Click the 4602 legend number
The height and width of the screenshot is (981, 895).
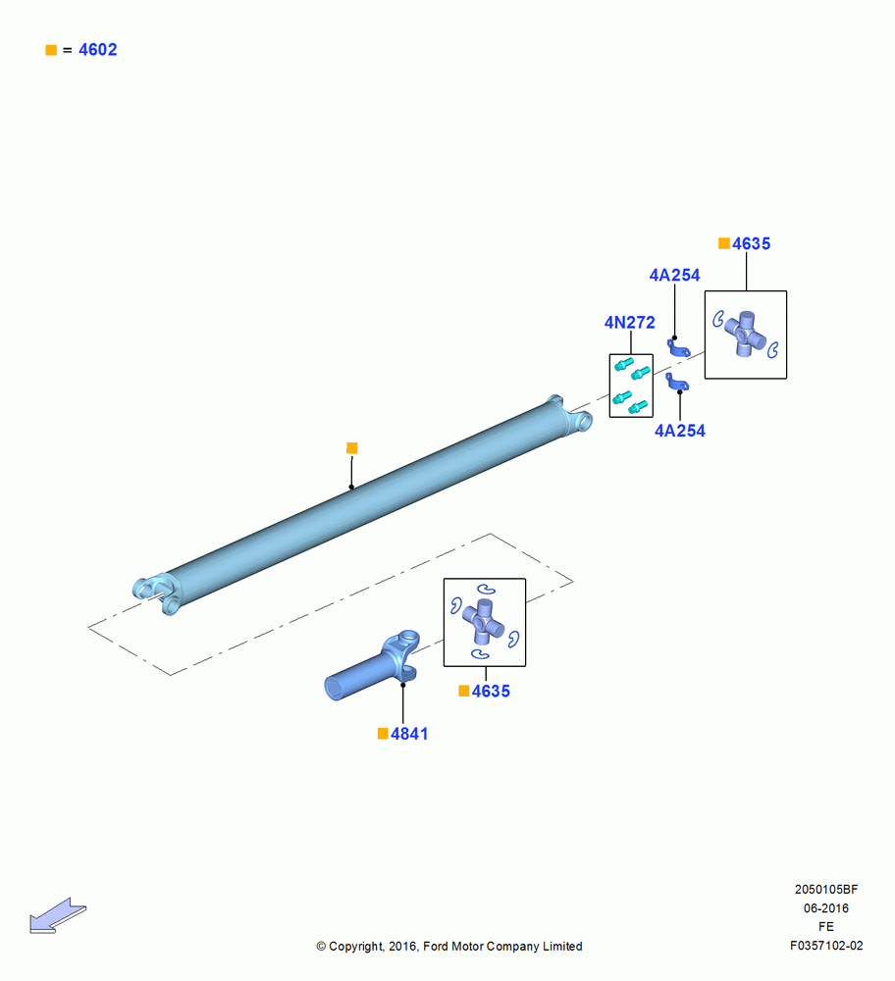click(x=97, y=50)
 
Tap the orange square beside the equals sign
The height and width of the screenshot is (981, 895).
click(x=51, y=50)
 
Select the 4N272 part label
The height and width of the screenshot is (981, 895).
click(x=630, y=322)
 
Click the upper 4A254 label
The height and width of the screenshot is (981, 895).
click(x=675, y=276)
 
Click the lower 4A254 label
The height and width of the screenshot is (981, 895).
click(x=680, y=431)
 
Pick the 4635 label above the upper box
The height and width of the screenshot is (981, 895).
click(x=751, y=244)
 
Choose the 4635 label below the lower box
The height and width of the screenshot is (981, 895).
click(x=491, y=692)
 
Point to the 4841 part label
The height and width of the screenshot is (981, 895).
click(x=409, y=734)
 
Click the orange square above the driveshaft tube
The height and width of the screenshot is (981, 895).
click(x=351, y=448)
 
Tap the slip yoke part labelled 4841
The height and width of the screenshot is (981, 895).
click(x=371, y=668)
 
